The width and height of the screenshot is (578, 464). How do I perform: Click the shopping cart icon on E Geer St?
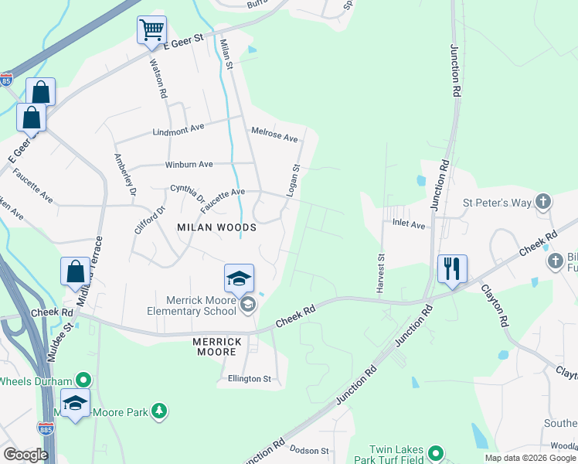coord(152,31)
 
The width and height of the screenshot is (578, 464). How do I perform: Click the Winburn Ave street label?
coord(189,165)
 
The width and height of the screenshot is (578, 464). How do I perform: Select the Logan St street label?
coord(293,180)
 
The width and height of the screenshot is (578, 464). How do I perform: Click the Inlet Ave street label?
coord(409,225)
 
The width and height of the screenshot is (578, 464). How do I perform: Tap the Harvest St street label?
coord(380,272)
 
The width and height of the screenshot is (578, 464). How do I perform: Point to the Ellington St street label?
coord(249,379)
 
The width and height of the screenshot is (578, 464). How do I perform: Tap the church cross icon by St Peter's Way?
coord(543,203)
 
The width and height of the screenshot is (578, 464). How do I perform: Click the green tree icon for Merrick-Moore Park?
coord(159,411)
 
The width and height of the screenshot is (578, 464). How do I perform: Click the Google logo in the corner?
coord(25,454)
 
